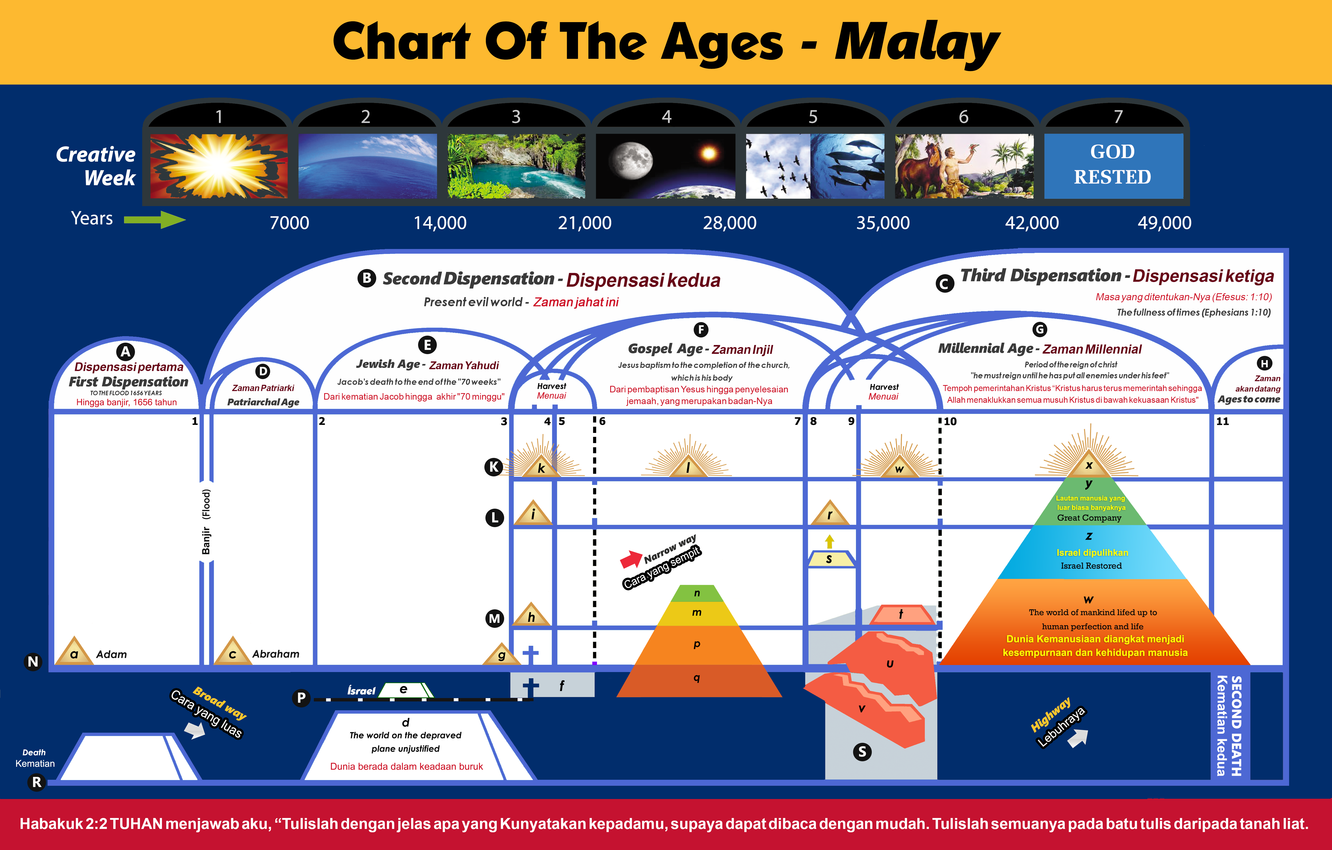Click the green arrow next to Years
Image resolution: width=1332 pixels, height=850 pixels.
[x=155, y=220]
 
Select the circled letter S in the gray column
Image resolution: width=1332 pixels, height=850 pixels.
[x=862, y=751]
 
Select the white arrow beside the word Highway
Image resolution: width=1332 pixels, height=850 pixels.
[x=1077, y=738]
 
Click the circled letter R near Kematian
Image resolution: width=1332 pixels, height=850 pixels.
[x=36, y=782]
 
